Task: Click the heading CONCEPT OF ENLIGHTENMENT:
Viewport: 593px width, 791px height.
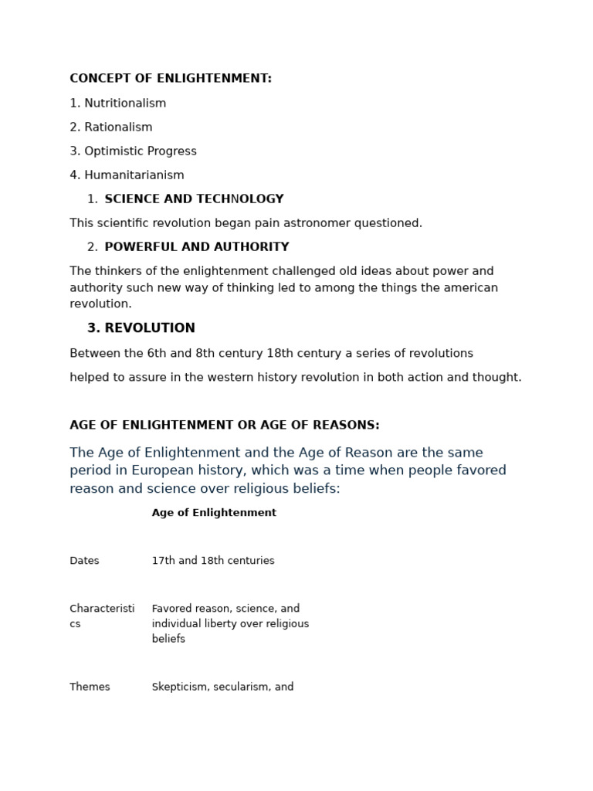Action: tap(171, 79)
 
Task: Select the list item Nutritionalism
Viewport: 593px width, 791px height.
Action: tap(124, 104)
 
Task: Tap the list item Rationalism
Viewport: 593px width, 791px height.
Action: tap(118, 127)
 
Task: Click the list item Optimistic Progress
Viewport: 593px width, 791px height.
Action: tap(140, 151)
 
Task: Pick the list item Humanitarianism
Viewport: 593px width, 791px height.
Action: tap(134, 175)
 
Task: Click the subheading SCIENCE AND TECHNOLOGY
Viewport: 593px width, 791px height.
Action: tap(194, 199)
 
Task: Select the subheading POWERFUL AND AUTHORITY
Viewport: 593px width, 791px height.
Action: tap(197, 247)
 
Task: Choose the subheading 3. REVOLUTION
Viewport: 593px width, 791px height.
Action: tap(141, 328)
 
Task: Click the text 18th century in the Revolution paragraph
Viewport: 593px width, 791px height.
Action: tap(302, 354)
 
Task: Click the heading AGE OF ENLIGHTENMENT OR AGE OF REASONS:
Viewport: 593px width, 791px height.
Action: tap(225, 426)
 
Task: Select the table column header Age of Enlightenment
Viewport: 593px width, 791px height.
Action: tap(214, 513)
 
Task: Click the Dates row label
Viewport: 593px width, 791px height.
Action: tap(84, 561)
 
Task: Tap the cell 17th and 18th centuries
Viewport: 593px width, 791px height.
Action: tap(213, 561)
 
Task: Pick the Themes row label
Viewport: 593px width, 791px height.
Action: tap(90, 687)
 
